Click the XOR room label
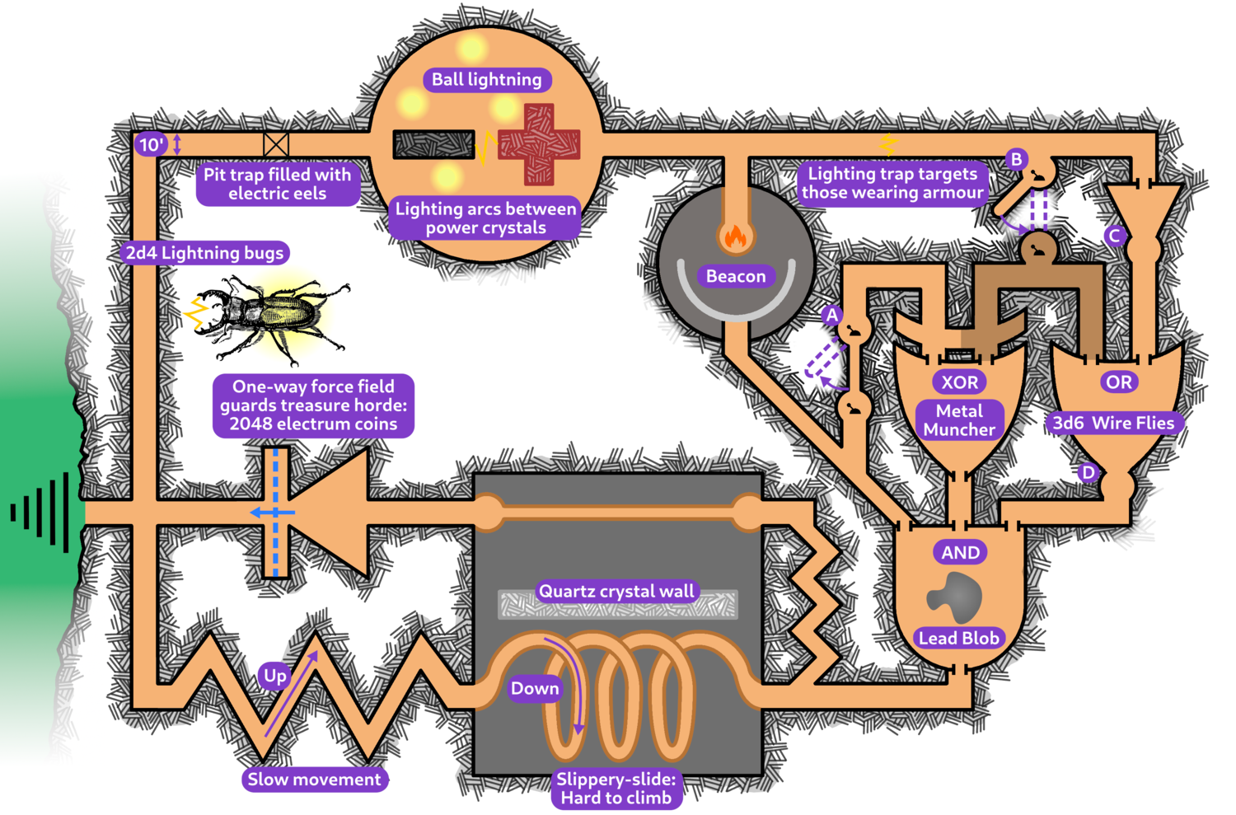pos(960,382)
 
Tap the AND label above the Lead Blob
pos(961,553)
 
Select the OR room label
pos(1118,382)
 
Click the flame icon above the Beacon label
pos(734,237)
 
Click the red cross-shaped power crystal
pos(539,144)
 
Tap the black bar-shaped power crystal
pos(433,144)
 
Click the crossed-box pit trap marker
pos(276,144)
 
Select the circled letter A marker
pos(832,316)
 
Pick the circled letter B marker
pos(1017,159)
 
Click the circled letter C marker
pos(1115,237)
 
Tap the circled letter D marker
pos(1089,472)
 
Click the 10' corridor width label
pos(151,145)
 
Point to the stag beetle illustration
pos(268,317)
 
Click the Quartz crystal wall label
pos(616,591)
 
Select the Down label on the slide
pos(535,689)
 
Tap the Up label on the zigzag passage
pos(275,677)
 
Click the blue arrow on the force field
pos(271,513)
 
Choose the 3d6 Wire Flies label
pos(1114,424)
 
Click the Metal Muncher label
pos(959,420)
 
